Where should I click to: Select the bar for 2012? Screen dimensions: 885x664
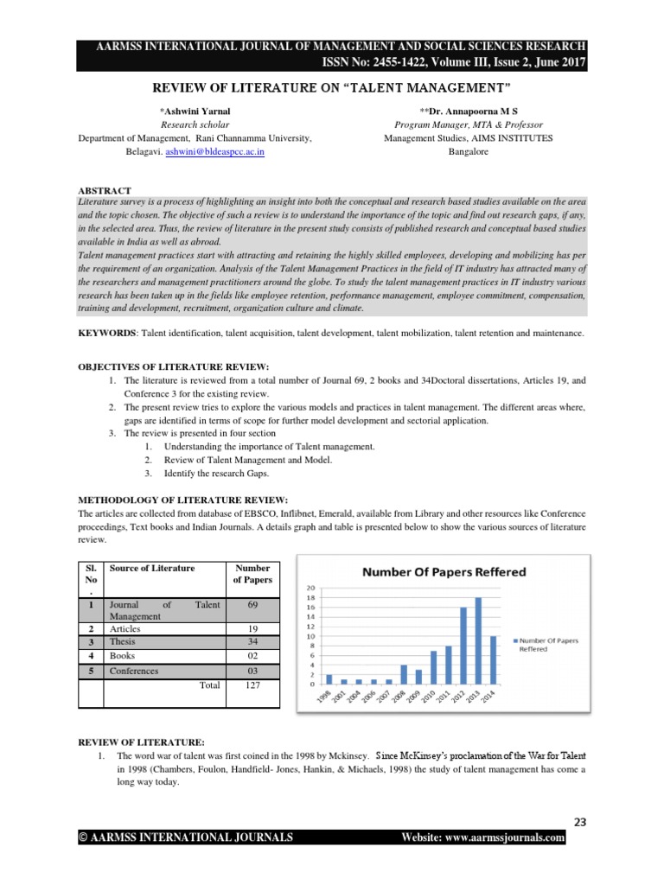pyautogui.click(x=463, y=646)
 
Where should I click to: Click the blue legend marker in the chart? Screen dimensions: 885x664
pyautogui.click(x=517, y=640)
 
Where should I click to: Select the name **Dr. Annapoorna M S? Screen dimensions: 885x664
pyautogui.click(x=468, y=111)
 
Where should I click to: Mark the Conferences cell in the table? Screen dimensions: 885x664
pyautogui.click(x=134, y=670)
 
